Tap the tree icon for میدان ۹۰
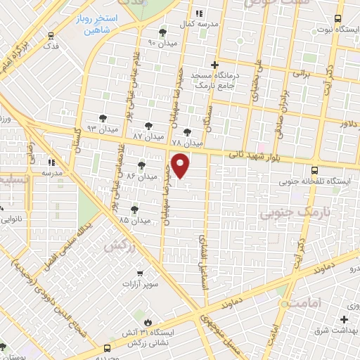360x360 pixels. [x=163, y=32]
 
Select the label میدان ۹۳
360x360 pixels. [x=100, y=129]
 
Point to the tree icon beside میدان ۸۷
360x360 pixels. [x=148, y=122]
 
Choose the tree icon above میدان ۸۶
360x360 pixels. [x=142, y=166]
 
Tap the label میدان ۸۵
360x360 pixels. [x=135, y=220]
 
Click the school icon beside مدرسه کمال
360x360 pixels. [x=199, y=13]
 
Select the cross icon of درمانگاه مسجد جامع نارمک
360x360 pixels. [x=214, y=65]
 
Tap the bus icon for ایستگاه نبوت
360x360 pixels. [x=338, y=19]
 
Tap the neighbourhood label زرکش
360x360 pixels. [x=118, y=246]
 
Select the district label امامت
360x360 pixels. [x=303, y=302]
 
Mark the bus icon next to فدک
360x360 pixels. [x=49, y=34]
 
